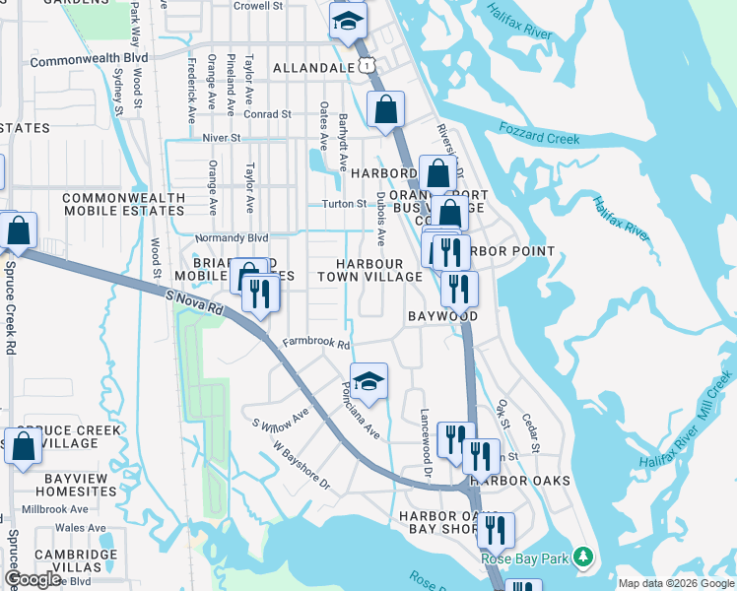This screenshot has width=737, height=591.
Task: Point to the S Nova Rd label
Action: click(x=196, y=300)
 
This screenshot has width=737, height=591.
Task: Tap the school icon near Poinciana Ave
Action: click(x=368, y=383)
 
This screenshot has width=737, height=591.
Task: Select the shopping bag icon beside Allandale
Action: click(x=386, y=110)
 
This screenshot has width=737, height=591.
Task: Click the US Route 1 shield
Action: click(x=366, y=64)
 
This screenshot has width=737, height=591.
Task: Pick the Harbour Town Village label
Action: click(x=368, y=271)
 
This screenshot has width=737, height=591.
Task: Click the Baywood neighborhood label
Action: click(x=442, y=316)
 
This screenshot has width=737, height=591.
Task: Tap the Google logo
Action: click(x=33, y=579)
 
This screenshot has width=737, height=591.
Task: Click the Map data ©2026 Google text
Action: click(x=676, y=583)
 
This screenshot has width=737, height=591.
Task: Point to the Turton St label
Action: click(x=346, y=204)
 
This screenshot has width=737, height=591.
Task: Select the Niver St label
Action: click(x=221, y=138)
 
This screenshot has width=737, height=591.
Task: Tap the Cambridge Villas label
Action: click(x=76, y=560)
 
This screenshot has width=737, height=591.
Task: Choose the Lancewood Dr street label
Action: click(x=427, y=443)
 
